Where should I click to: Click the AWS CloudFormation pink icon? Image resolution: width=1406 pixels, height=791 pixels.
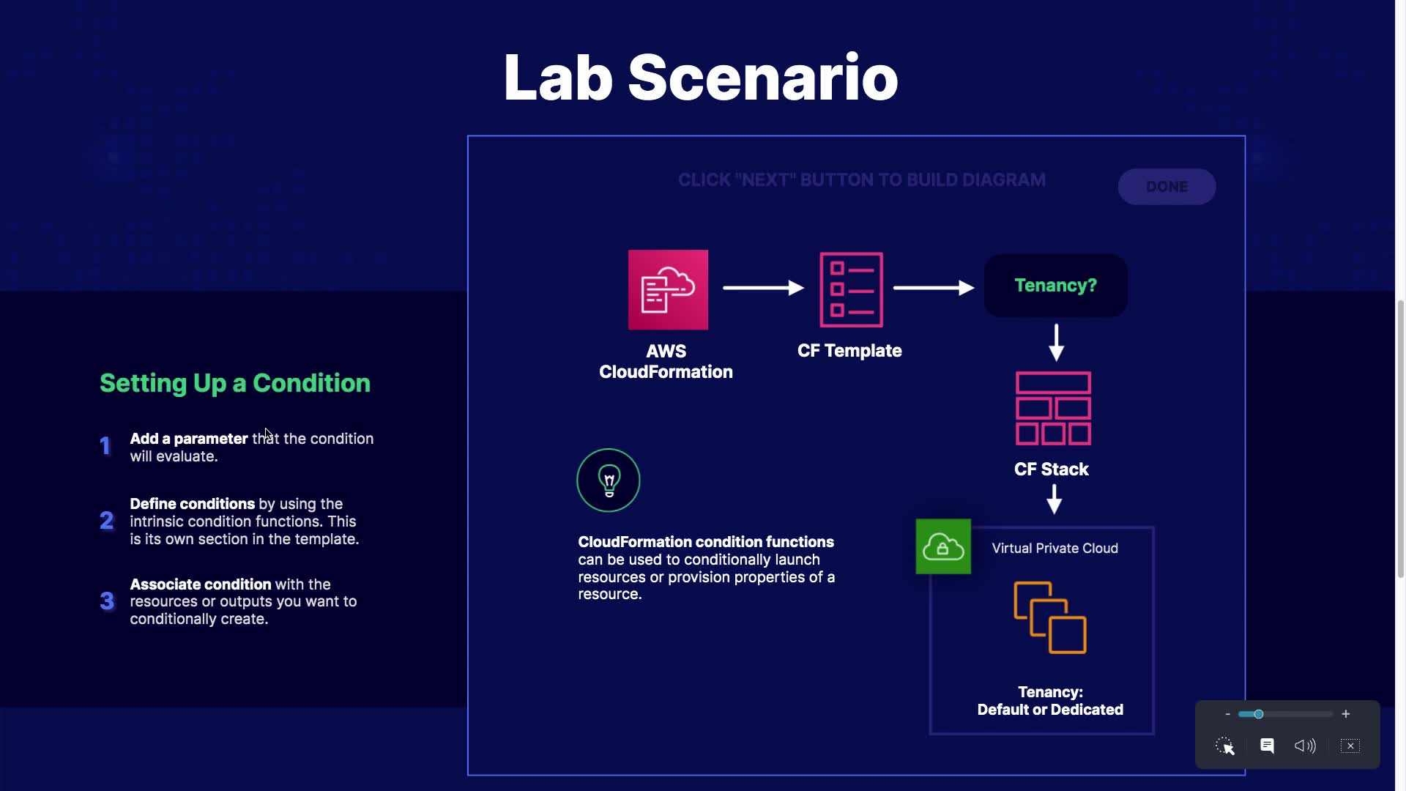point(668,290)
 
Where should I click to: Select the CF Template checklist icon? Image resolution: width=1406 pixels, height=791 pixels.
point(851,290)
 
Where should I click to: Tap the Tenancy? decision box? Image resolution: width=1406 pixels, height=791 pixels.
point(1055,286)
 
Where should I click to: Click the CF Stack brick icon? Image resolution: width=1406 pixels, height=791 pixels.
point(1053,409)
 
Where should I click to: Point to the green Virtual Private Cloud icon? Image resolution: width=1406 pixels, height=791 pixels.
point(943,546)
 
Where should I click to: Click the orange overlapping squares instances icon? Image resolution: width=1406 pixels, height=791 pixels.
point(1050,617)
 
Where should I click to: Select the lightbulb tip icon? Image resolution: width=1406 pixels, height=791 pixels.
point(609,480)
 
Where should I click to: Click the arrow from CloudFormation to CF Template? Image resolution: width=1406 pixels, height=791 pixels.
point(763,288)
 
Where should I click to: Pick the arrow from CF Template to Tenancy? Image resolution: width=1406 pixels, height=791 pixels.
point(933,288)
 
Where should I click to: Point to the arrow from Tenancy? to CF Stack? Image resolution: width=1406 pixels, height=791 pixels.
point(1056,343)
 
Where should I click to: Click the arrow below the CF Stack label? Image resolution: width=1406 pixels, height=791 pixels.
point(1054,500)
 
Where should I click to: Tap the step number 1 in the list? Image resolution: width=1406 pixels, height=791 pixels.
point(105,446)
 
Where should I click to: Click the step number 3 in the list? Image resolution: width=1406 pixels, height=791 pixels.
point(107,601)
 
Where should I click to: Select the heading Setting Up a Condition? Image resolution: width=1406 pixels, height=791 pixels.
point(235,383)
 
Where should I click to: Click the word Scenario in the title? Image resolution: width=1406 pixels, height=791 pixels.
point(762,78)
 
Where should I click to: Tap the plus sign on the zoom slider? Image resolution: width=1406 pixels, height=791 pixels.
point(1345,714)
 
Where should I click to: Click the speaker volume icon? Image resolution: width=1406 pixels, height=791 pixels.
point(1305,746)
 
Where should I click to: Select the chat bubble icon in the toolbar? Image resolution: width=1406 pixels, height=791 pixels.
point(1267,746)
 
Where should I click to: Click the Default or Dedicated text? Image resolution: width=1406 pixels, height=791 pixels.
point(1050,710)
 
